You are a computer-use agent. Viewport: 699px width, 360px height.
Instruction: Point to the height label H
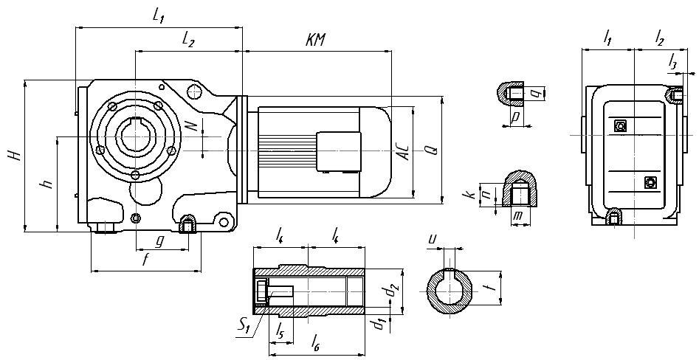13,156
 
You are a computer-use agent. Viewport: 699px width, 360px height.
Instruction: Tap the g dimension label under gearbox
159,240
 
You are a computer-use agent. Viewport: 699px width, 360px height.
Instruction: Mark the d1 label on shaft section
377,323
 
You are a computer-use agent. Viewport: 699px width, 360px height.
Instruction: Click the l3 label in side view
672,63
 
